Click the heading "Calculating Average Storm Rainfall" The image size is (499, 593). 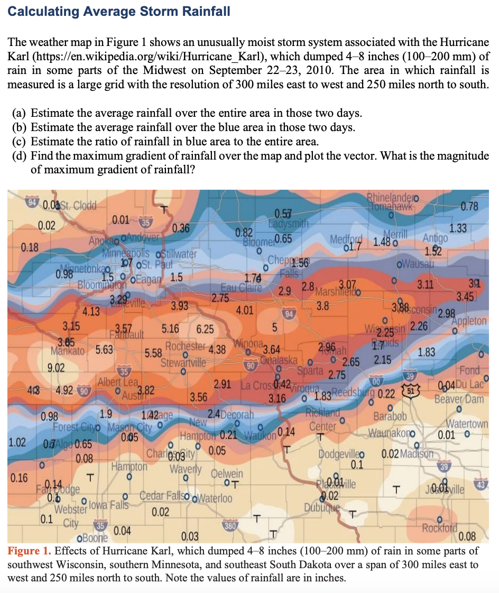pyautogui.click(x=119, y=11)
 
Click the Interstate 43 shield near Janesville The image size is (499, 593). pyautogui.click(x=482, y=484)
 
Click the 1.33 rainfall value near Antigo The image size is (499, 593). pyautogui.click(x=458, y=228)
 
